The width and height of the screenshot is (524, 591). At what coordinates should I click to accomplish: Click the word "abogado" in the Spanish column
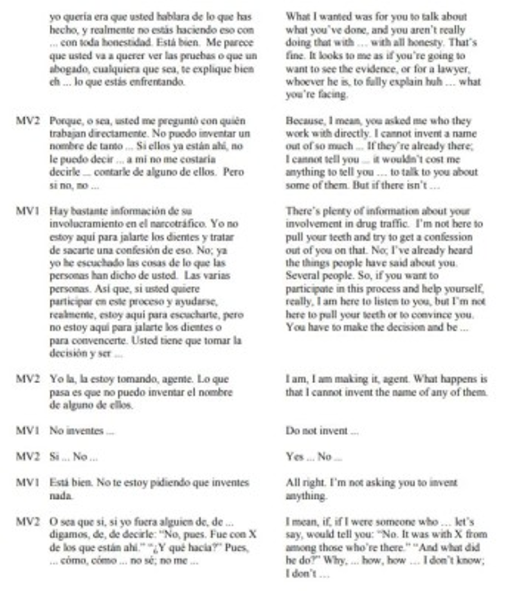(x=66, y=69)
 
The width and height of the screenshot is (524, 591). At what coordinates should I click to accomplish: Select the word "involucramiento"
(x=82, y=224)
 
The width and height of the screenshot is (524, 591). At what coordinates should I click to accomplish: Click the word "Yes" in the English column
(x=294, y=456)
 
